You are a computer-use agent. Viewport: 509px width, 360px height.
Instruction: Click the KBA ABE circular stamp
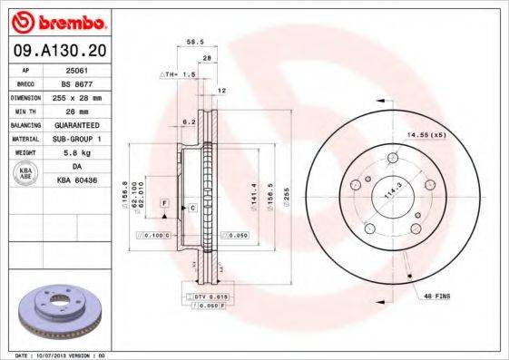tap(26, 173)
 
